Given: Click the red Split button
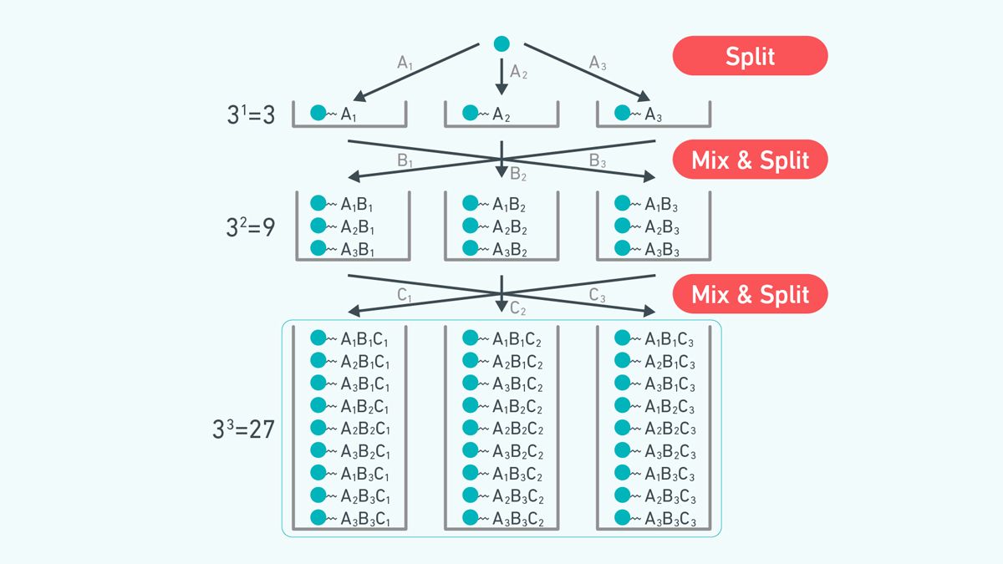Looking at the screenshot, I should pyautogui.click(x=750, y=56).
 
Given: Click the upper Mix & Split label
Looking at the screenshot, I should pyautogui.click(x=750, y=160).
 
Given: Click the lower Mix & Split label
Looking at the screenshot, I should pyautogui.click(x=750, y=294).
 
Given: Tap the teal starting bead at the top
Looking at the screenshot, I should pyautogui.click(x=501, y=43).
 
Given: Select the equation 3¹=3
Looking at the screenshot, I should pyautogui.click(x=251, y=114).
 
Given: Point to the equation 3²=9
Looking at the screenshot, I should pyautogui.click(x=251, y=227).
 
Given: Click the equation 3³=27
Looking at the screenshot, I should pyautogui.click(x=243, y=429).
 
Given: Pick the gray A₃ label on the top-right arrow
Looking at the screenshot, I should pyautogui.click(x=598, y=64).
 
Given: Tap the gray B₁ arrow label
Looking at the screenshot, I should pyautogui.click(x=405, y=162).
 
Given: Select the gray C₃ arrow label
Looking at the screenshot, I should pyautogui.click(x=597, y=295).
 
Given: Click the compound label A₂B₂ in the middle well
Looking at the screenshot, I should pyautogui.click(x=508, y=226).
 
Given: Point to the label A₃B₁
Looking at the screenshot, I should pyautogui.click(x=358, y=249).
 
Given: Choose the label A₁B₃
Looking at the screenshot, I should pyautogui.click(x=660, y=205).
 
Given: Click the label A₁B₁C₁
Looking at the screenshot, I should pyautogui.click(x=364, y=339).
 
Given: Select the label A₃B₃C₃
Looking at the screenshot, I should pyautogui.click(x=670, y=520).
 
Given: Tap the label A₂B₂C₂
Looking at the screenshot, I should pyautogui.click(x=517, y=429).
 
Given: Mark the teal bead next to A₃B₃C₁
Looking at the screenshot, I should pyautogui.click(x=318, y=518).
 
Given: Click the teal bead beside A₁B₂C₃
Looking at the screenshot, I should pyautogui.click(x=622, y=406).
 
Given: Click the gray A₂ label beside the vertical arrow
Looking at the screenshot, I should pyautogui.click(x=519, y=74).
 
